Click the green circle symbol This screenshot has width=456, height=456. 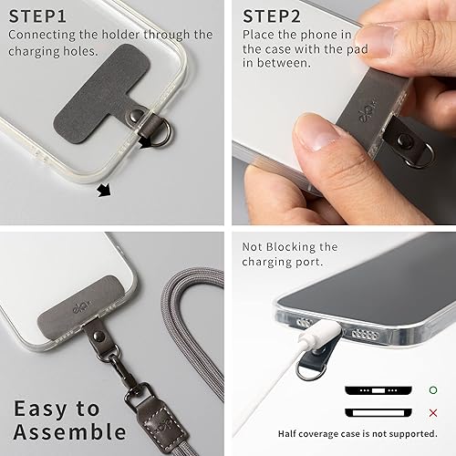coord(432,390)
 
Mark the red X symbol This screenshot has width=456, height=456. coord(432,412)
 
